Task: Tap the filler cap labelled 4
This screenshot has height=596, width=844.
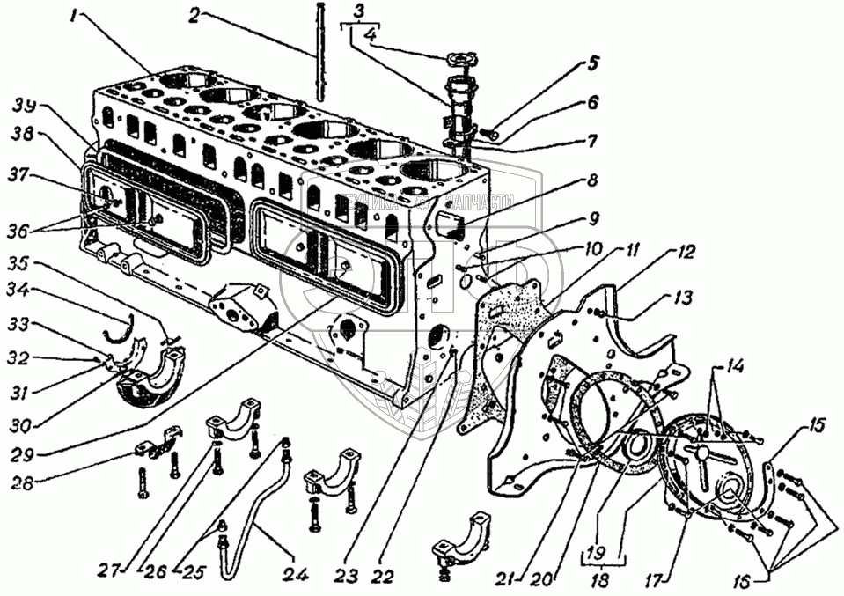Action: tap(459, 60)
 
